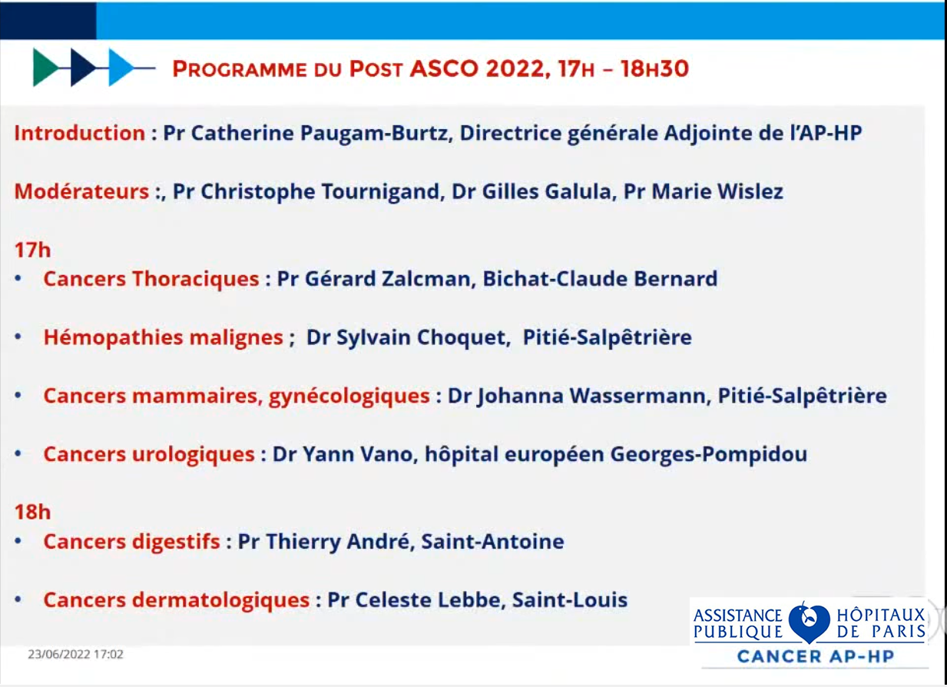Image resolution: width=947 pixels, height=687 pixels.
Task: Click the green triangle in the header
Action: coord(45,68)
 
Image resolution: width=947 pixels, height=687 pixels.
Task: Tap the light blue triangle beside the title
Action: coord(121,68)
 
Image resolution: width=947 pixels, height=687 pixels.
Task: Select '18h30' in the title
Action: coord(655,68)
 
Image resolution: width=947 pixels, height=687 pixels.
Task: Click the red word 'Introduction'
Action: coord(80,133)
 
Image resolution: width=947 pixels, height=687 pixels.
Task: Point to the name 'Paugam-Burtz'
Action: coord(374,134)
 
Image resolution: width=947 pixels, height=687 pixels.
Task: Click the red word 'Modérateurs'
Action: coord(81,191)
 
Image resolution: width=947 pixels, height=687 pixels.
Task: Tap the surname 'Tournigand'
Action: coord(382,192)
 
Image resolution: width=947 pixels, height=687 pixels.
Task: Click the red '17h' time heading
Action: coord(32,250)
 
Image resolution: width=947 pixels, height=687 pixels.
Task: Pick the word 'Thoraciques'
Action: coord(196,279)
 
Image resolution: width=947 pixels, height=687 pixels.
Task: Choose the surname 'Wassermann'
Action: coord(638,396)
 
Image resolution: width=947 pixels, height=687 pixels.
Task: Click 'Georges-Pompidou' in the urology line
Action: coord(709,455)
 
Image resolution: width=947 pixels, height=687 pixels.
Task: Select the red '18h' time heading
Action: coord(32,512)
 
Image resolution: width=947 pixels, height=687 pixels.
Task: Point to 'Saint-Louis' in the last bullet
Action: coord(570,600)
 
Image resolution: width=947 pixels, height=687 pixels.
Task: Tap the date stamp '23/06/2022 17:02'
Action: coord(76,655)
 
